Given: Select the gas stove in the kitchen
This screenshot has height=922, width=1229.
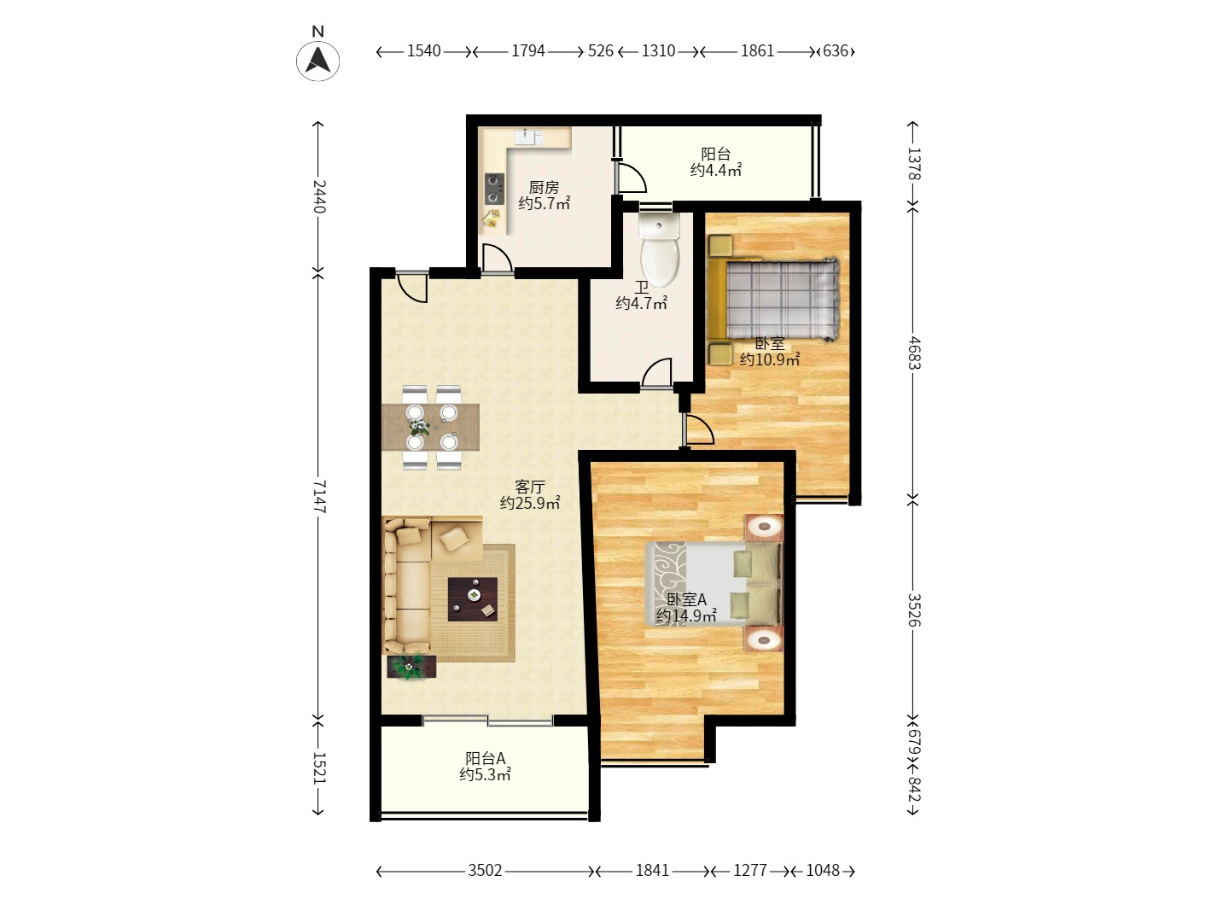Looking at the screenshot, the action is tap(494, 189).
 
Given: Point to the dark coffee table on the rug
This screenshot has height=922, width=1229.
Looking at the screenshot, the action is tap(473, 599).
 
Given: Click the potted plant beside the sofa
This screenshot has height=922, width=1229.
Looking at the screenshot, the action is tap(411, 666).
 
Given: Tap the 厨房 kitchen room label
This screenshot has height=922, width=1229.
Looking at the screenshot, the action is tap(544, 186).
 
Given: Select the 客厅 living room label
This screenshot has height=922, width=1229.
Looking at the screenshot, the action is tap(530, 487).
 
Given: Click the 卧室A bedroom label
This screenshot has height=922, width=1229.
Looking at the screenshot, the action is tap(687, 599).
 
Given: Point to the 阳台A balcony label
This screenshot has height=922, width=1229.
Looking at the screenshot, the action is tap(486, 758).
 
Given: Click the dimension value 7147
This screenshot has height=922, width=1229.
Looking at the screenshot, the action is tap(318, 496).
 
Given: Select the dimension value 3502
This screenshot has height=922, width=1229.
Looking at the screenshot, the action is tap(486, 870).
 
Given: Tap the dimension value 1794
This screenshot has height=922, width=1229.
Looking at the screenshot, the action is tap(528, 51).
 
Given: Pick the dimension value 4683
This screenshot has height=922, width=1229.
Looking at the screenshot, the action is tap(913, 353).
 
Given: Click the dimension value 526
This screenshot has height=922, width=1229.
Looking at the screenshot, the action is tap(601, 51).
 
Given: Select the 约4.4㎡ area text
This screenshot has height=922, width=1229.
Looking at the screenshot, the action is tap(716, 170).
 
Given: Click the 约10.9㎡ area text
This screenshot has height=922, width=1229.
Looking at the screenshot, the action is tap(770, 359).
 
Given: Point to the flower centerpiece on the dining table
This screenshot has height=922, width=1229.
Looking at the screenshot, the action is tap(419, 428).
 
